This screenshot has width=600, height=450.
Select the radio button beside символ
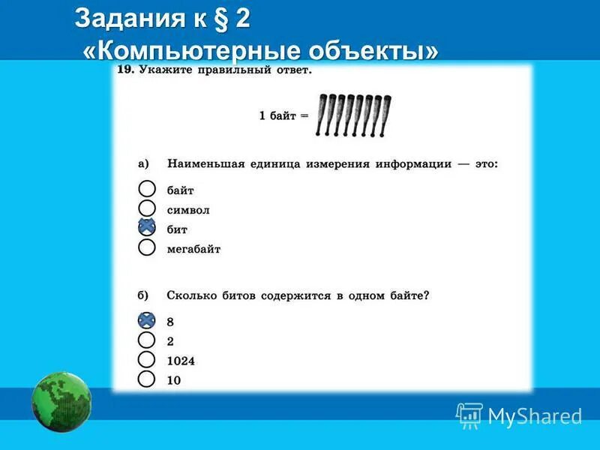[147, 208]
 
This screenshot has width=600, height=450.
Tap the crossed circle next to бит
[147, 228]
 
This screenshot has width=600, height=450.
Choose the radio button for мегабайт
[147, 247]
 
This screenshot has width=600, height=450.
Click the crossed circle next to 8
[147, 320]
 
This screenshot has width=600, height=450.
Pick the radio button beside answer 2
[147, 340]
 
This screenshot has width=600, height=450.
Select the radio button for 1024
[147, 360]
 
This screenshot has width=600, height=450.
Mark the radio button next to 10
[147, 379]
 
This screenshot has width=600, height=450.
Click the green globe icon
[61, 403]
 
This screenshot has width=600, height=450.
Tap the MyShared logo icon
[469, 415]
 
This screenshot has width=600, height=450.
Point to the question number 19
[125, 70]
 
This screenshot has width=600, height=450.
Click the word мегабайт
[193, 249]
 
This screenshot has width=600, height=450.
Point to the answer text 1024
[181, 361]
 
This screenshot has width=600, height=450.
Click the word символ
[188, 210]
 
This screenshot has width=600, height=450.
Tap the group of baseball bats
[353, 115]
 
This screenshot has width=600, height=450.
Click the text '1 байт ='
[283, 116]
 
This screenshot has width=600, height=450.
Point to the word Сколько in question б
[193, 295]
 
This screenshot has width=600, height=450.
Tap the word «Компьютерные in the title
[187, 51]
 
